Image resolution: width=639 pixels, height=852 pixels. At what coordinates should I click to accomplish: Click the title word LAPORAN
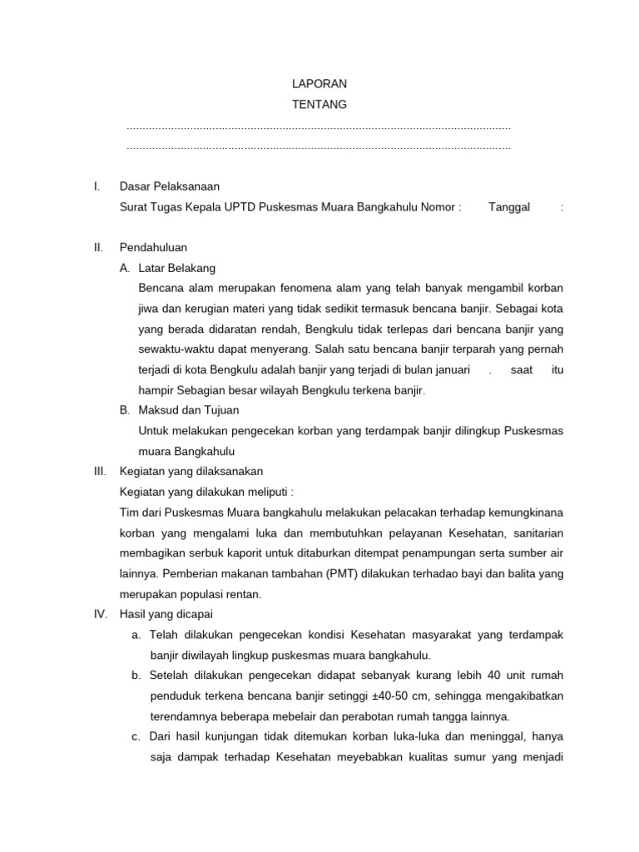click(319, 84)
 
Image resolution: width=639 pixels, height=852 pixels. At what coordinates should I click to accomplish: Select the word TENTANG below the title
click(319, 104)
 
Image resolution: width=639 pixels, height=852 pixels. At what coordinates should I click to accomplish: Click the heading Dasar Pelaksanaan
click(170, 186)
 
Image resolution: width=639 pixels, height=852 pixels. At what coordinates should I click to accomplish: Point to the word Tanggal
click(509, 207)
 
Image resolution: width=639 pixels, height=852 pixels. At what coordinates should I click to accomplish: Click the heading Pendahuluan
click(153, 247)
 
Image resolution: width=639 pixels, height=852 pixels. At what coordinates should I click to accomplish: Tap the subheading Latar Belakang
click(177, 268)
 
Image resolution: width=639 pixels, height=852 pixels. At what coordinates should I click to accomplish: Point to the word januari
click(447, 369)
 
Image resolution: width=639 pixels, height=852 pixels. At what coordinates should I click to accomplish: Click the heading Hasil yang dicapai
click(166, 614)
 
